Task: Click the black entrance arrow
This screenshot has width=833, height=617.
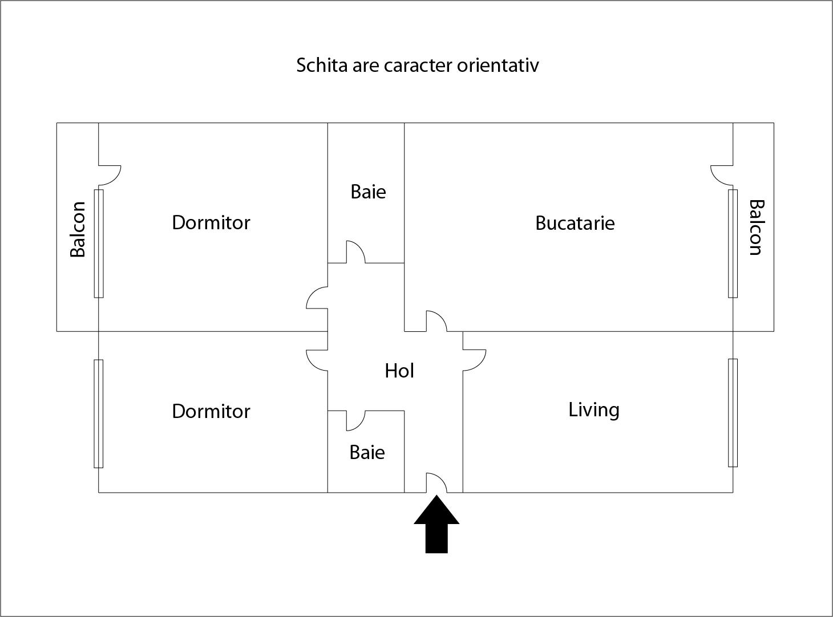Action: [x=436, y=526]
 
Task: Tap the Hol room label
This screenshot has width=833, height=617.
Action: [x=399, y=371]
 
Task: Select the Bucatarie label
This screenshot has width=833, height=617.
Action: [x=575, y=223]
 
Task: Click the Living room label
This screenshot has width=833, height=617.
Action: [x=594, y=410]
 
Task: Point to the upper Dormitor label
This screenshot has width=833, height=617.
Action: [x=211, y=223]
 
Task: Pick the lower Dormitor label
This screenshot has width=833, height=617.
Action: [x=211, y=412]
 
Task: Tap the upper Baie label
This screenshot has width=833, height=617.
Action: [x=368, y=192]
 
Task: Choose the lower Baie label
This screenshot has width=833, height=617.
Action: [x=367, y=453]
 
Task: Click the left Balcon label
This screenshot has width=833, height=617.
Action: [x=78, y=229]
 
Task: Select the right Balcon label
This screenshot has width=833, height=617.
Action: [x=757, y=228]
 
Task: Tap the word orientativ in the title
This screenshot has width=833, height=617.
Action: [x=498, y=66]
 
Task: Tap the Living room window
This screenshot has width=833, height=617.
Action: [x=733, y=413]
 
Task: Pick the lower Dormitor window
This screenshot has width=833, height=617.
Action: [x=98, y=414]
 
